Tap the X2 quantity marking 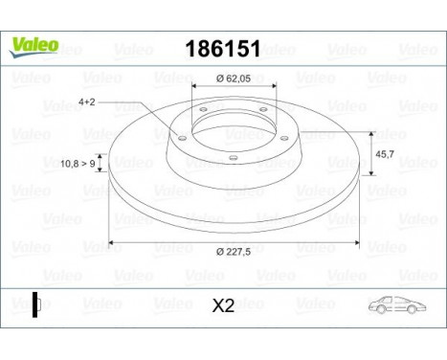[x=223, y=306]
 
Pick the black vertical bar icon [x=35, y=304]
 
